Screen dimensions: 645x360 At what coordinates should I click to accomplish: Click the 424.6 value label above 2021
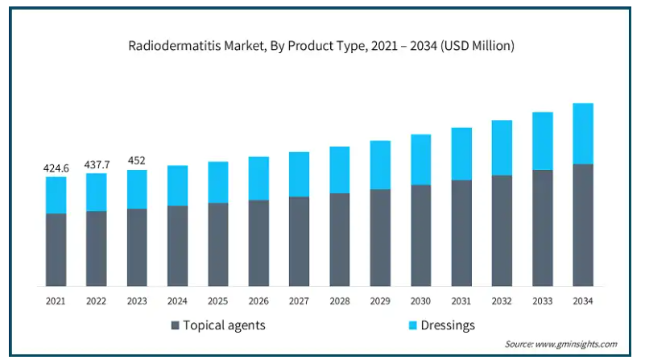[x=56, y=168]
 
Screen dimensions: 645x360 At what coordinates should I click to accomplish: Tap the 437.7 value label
[x=97, y=164]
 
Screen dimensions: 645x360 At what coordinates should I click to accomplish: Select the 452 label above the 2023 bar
[x=137, y=160]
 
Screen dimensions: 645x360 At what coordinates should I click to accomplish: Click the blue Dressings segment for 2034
[x=583, y=134]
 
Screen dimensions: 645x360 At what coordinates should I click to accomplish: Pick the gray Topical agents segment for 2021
[x=56, y=250]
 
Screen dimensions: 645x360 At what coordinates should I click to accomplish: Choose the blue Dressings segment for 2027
[x=299, y=175]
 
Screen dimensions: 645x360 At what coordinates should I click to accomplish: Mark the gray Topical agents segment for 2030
[x=421, y=235]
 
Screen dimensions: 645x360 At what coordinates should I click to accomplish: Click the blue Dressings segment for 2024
[x=177, y=185]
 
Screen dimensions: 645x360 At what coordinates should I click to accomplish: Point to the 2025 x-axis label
[x=217, y=301]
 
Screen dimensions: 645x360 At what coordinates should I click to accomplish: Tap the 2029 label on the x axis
[x=380, y=301]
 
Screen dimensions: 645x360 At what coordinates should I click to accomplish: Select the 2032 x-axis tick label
[x=502, y=301]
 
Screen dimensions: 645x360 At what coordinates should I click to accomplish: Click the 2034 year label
[x=583, y=301]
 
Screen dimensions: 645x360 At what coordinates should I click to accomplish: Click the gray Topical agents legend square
[x=176, y=325]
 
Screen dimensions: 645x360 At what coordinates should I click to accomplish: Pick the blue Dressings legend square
[x=412, y=325]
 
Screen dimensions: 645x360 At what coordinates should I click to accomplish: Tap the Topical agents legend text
[x=224, y=325]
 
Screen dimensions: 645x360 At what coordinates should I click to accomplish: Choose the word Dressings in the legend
[x=448, y=325]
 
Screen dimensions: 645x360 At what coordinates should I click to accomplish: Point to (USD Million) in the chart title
[x=478, y=46]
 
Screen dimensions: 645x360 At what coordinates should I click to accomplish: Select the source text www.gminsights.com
[x=576, y=344]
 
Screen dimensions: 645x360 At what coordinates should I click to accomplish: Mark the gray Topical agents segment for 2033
[x=543, y=228]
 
